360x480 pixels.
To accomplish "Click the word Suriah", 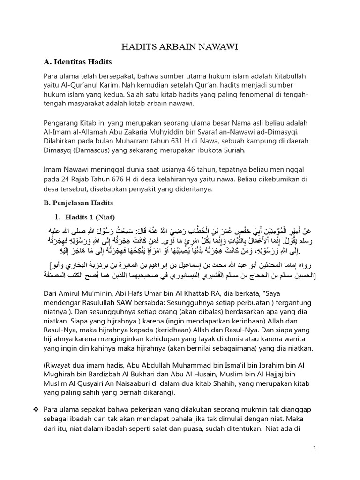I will coord(229,150).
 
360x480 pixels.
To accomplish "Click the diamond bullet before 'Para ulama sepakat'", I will coord(35,409).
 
